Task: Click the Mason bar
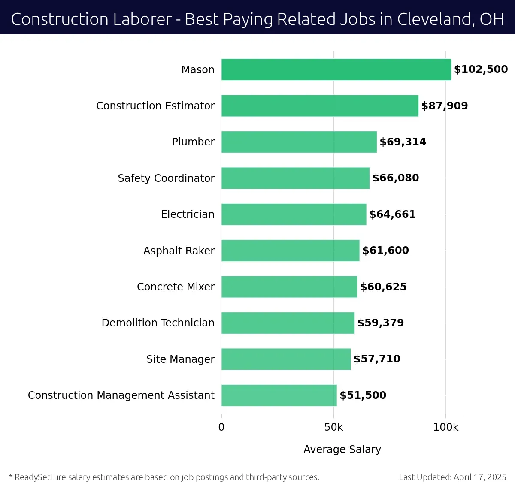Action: coord(336,69)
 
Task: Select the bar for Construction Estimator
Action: coord(320,106)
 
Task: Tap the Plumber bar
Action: coord(299,142)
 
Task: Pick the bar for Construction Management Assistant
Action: coord(279,395)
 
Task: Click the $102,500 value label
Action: coord(481,69)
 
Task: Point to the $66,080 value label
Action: coord(395,178)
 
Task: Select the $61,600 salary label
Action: coord(385,251)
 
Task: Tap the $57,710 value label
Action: coord(377,359)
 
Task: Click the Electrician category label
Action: coord(188,214)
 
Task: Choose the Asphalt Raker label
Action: coord(179,251)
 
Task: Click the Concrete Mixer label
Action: coord(176,287)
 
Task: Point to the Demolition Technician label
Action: coord(158,323)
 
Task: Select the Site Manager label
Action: coord(180,359)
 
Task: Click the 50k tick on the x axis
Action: coord(333,427)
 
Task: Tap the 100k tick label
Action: coord(445,427)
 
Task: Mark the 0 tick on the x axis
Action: coord(221,427)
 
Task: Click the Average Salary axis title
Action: coord(342,449)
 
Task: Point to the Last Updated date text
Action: coord(452,477)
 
